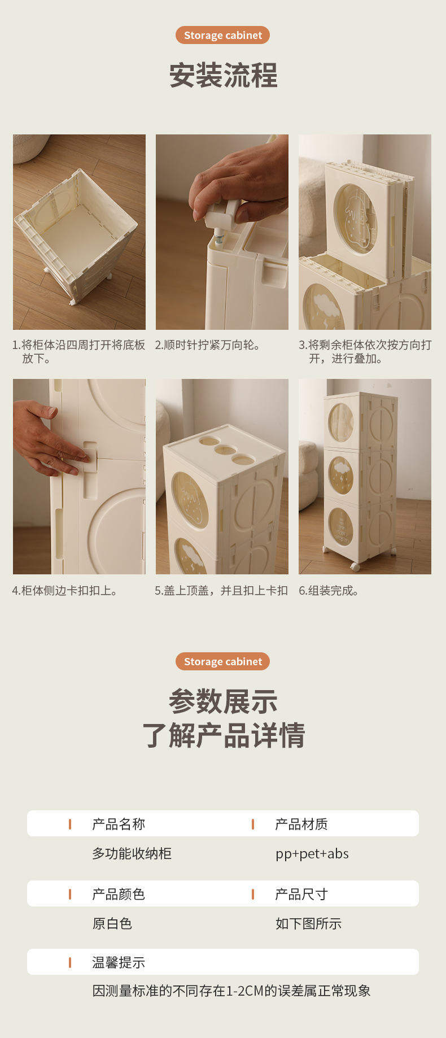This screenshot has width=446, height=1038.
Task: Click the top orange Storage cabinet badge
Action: click(223, 35)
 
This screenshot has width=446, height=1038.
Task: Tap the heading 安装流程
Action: click(223, 76)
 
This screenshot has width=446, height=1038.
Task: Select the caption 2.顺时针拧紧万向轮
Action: click(208, 345)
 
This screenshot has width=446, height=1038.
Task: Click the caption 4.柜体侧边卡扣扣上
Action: click(65, 591)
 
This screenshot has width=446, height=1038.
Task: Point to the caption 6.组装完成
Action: click(329, 591)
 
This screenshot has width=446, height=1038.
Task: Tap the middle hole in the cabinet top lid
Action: click(225, 450)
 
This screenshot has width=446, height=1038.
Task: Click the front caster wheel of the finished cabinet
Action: click(355, 565)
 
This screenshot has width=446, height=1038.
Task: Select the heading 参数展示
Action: click(223, 701)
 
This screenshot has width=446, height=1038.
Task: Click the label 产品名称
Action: click(119, 824)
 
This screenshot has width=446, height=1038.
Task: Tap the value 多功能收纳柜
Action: click(132, 853)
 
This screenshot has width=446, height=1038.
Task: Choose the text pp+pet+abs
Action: click(312, 854)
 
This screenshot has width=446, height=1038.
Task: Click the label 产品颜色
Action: click(119, 894)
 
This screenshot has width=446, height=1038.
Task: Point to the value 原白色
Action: click(112, 923)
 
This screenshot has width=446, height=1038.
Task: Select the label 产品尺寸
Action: click(301, 894)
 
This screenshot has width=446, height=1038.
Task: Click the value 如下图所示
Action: click(308, 923)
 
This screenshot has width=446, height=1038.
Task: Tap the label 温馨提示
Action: click(119, 962)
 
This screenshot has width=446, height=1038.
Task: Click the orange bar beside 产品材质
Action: click(252, 825)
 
